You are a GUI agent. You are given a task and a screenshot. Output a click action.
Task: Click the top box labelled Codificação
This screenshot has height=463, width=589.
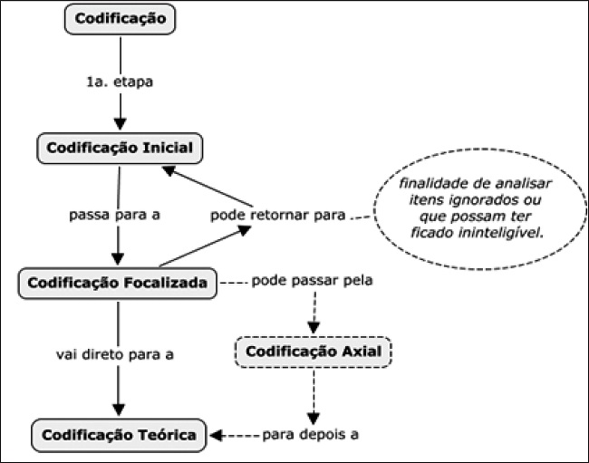point(119,18)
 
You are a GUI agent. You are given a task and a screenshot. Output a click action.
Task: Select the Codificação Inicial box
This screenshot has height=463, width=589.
point(117,148)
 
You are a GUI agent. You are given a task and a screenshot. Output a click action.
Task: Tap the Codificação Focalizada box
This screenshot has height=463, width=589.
point(118,284)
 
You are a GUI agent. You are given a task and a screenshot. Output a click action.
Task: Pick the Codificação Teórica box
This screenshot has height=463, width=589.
point(119,435)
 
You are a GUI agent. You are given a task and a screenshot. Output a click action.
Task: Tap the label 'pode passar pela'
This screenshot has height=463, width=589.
point(312,279)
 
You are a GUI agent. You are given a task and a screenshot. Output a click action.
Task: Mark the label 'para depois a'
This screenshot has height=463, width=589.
point(310,433)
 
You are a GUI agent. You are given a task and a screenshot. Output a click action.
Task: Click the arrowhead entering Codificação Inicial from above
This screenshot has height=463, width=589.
point(119,126)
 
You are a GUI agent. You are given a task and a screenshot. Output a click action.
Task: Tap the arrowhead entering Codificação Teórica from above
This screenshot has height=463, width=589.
point(119,412)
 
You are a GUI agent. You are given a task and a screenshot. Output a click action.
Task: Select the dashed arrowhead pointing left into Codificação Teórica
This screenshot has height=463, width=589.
point(217,434)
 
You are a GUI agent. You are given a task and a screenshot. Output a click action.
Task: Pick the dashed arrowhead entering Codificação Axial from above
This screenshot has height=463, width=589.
point(314,326)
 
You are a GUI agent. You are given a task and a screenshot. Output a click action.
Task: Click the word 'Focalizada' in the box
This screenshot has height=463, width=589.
point(163,284)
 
